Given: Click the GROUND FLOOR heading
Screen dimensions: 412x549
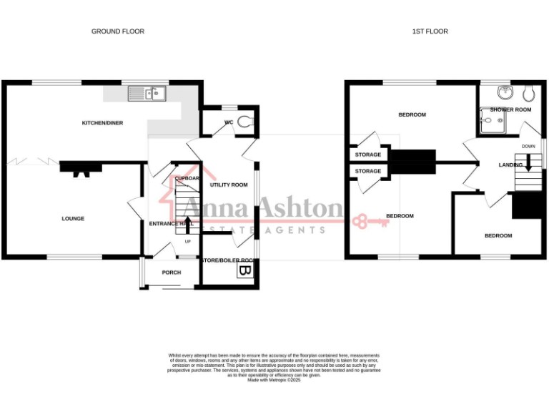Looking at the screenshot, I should [x=117, y=31].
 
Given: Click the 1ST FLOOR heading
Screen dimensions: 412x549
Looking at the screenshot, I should [x=430, y=31].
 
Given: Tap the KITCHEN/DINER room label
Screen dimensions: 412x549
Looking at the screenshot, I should [x=102, y=123].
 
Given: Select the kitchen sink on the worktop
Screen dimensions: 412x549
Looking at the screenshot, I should [x=147, y=93].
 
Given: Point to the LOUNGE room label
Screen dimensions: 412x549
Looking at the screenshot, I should [x=73, y=219].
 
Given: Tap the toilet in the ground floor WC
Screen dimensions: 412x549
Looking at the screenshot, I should [x=246, y=122].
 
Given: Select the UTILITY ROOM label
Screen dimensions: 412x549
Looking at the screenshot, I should [x=229, y=185].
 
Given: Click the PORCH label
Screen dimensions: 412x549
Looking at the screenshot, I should [x=172, y=273].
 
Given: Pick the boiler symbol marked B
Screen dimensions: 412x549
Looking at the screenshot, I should [x=244, y=271].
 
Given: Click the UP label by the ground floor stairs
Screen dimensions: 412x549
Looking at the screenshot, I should [x=188, y=241].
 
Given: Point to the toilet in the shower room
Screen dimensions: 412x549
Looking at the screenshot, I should [x=530, y=93].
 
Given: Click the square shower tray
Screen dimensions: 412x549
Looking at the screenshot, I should [x=493, y=122].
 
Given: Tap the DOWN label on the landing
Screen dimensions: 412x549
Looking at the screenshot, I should [x=528, y=147].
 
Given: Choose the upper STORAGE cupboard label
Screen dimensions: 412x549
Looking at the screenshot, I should [x=368, y=154].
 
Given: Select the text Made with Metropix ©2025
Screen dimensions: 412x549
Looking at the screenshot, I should [x=274, y=380].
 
